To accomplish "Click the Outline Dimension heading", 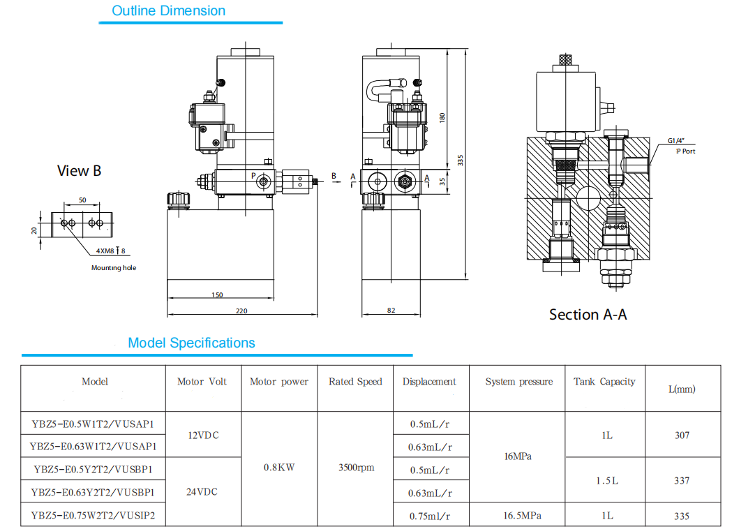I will [x=169, y=11].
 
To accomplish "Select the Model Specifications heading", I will [x=191, y=343].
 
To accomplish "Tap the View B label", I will [x=79, y=171].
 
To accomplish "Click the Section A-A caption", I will [x=588, y=315].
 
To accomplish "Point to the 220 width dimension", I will [x=241, y=311].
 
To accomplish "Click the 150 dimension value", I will [x=217, y=295].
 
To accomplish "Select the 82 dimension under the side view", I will [x=390, y=310].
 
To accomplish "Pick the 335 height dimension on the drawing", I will [x=460, y=160].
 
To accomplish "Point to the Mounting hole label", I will [x=114, y=268].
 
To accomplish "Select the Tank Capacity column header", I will [x=604, y=382].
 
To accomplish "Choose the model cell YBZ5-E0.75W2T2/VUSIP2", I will [x=93, y=516].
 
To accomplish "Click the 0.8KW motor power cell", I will [x=279, y=468].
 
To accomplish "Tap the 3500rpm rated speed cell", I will [x=355, y=468].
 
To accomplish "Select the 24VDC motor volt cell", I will [x=202, y=491].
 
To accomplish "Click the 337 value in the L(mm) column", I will [x=682, y=480].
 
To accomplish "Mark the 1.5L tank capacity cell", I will [x=606, y=480].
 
